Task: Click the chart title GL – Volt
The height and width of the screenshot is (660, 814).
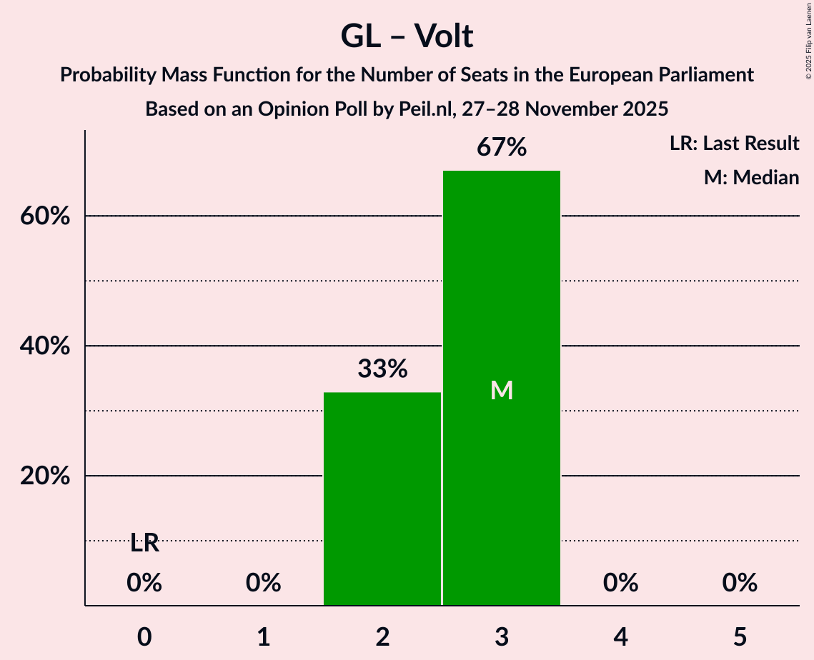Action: pyautogui.click(x=407, y=36)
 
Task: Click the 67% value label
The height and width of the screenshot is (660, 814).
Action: pyautogui.click(x=502, y=148)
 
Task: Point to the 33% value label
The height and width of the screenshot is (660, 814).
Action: pyautogui.click(x=382, y=369)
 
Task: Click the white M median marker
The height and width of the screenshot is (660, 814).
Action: pyautogui.click(x=502, y=390)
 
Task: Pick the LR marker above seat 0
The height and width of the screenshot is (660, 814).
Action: pyautogui.click(x=144, y=544)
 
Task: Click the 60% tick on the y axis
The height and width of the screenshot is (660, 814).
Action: pyautogui.click(x=44, y=216)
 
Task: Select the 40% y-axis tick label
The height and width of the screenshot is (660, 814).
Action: pyautogui.click(x=44, y=346)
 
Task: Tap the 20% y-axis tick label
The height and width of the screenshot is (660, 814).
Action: pyautogui.click(x=44, y=476)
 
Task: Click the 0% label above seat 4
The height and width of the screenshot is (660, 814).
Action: pyautogui.click(x=620, y=584)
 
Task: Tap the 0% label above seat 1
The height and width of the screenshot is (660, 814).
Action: pyautogui.click(x=264, y=584)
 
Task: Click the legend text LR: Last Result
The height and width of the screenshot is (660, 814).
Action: pyautogui.click(x=734, y=144)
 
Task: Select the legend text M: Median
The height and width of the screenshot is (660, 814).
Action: pyautogui.click(x=751, y=177)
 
